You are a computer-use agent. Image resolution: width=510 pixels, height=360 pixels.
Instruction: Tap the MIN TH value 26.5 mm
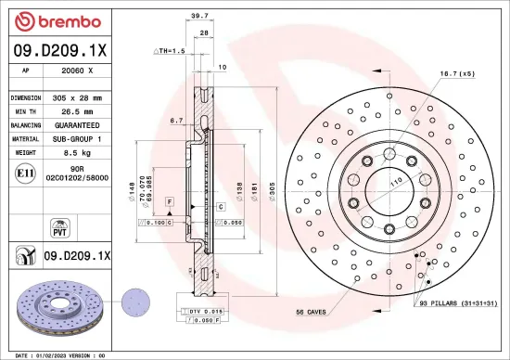pos(81,110)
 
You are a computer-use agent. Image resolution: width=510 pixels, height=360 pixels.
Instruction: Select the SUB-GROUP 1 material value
pos(81,136)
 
